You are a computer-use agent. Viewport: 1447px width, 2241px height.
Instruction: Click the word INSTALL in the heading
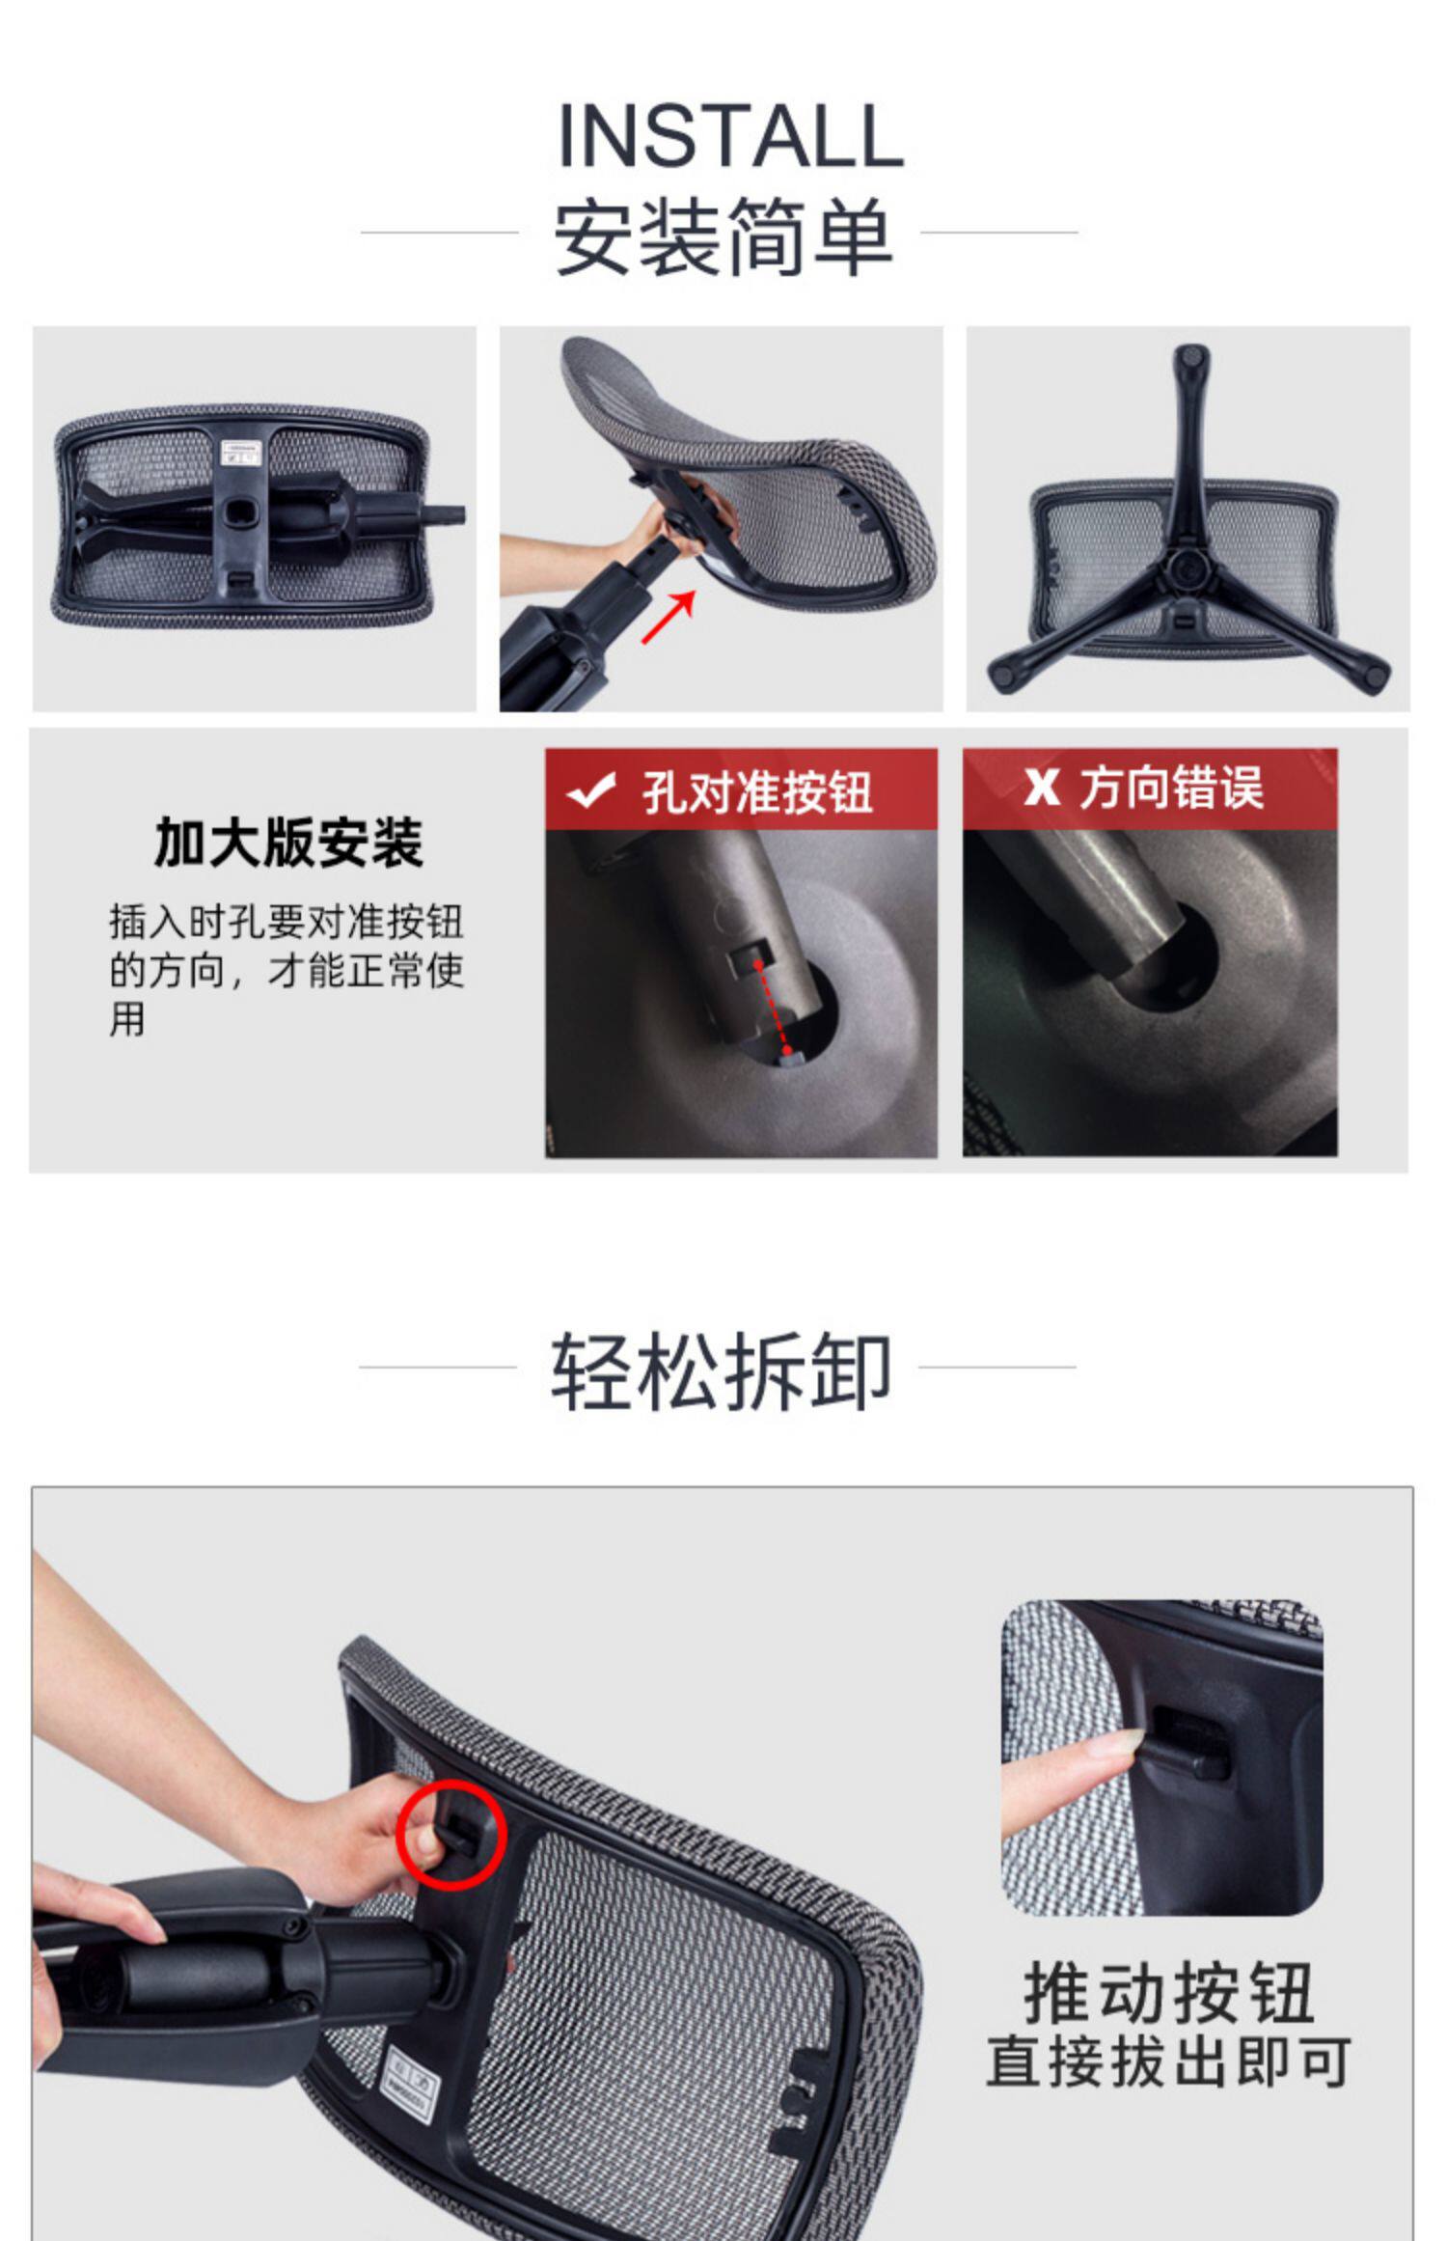(x=730, y=135)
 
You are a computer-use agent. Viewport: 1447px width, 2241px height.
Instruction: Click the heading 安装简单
(x=722, y=236)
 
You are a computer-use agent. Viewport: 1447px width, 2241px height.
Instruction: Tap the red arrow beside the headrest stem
(x=669, y=617)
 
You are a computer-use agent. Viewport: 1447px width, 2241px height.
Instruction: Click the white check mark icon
(x=591, y=789)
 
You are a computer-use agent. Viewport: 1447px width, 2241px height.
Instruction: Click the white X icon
(x=1041, y=788)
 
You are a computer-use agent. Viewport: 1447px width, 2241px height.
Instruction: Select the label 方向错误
(x=1170, y=788)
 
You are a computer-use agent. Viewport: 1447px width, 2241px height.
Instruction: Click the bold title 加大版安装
(x=288, y=842)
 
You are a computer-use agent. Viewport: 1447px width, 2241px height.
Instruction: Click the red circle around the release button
(x=451, y=1834)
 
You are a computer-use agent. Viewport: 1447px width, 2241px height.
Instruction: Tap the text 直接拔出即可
(x=1168, y=2061)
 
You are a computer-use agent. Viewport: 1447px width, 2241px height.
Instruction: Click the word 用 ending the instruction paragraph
(x=126, y=1019)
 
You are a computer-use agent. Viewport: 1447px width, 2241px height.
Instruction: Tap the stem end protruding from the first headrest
(x=444, y=515)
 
